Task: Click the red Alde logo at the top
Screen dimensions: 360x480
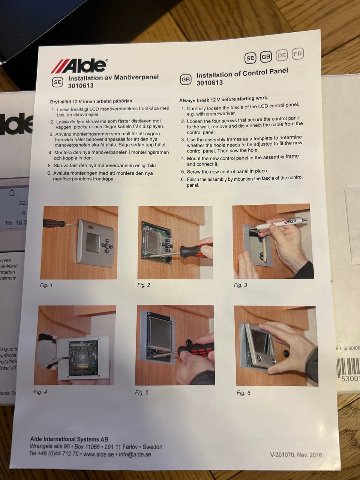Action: coord(79,66)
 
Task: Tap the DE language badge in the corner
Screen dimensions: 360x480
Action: coord(282,55)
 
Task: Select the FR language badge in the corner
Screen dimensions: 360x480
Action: coord(298,54)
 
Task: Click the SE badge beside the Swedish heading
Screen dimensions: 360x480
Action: coord(57,82)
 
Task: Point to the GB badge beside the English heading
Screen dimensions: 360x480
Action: coord(186,79)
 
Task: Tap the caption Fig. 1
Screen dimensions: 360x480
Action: coord(46,285)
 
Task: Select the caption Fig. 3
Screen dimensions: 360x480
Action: coord(240,285)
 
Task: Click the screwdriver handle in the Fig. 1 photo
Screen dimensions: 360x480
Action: coord(54,223)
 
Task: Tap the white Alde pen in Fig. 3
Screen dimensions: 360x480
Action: coord(280,223)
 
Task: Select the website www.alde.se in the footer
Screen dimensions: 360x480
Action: coord(99,454)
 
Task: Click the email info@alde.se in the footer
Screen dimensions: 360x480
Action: coord(135,454)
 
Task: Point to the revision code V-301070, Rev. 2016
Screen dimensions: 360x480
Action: coord(296,455)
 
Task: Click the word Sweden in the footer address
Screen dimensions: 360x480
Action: coord(152,447)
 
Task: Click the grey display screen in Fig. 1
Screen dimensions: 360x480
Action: coord(92,242)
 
